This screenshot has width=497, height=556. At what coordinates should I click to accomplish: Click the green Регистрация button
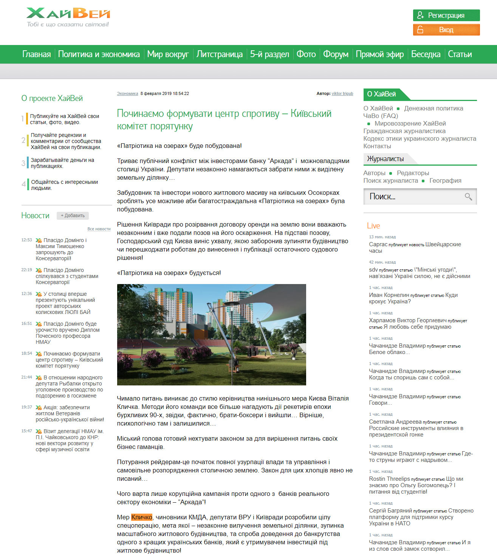point(446,16)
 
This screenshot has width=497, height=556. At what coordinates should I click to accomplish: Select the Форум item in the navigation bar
point(336,54)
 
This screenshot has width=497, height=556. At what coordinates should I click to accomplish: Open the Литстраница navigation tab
point(219,54)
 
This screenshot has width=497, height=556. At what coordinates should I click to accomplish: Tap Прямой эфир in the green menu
point(379,54)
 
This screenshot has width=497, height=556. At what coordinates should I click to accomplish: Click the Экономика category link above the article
point(127,93)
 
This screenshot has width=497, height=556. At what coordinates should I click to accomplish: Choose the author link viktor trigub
point(342,93)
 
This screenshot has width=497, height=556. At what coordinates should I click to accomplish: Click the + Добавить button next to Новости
point(73,216)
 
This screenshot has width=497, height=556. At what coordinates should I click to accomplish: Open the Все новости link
point(99,229)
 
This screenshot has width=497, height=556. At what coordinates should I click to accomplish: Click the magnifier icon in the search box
point(468,197)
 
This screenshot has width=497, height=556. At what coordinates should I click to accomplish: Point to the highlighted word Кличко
point(142,517)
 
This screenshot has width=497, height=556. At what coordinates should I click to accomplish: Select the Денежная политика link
point(434,109)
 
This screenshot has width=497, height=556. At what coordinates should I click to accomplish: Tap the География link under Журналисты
point(445,181)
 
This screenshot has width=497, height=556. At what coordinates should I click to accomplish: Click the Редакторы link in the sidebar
point(413,173)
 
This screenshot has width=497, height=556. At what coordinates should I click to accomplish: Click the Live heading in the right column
point(373,226)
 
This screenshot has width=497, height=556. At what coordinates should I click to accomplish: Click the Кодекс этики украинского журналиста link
point(420,139)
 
